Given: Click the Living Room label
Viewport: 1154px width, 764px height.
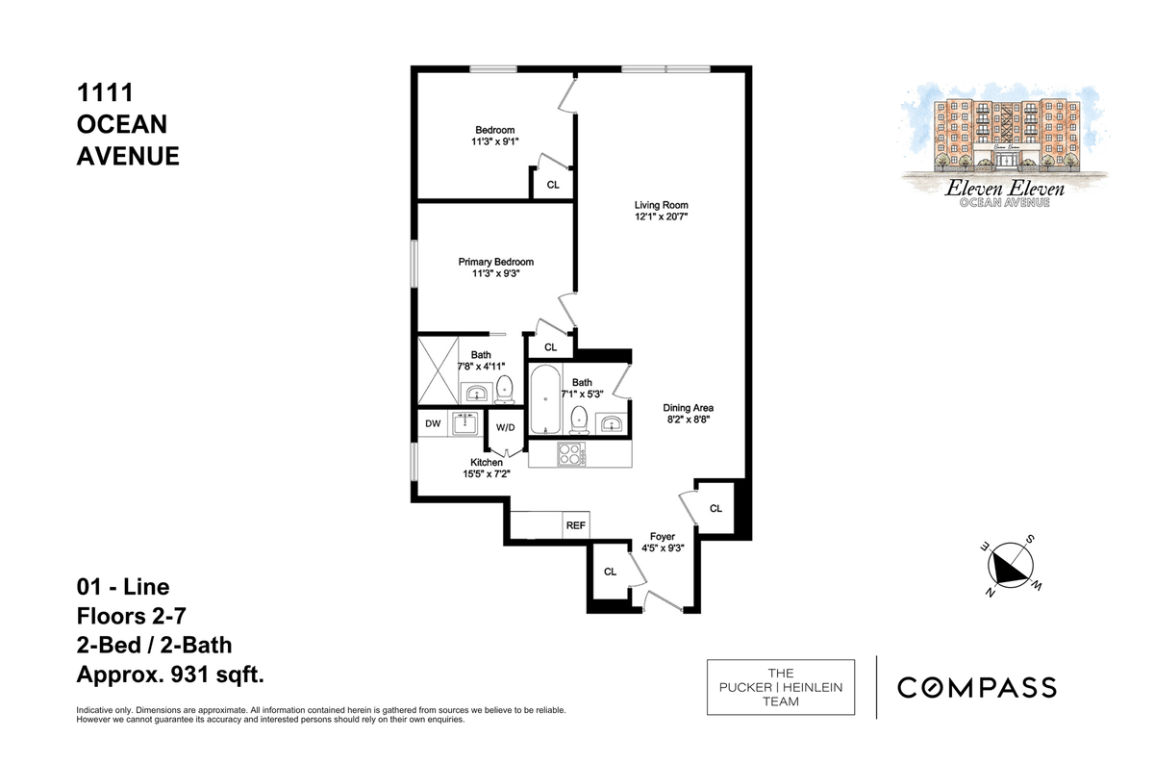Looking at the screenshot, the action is pyautogui.click(x=661, y=205).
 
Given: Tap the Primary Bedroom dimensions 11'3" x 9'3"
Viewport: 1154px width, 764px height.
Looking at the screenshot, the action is pyautogui.click(x=495, y=273).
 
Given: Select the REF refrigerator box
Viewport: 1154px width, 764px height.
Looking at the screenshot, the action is pyautogui.click(x=575, y=525).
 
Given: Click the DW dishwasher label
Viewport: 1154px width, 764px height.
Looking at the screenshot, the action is pyautogui.click(x=433, y=423).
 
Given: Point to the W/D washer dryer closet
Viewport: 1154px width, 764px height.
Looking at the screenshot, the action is pyautogui.click(x=506, y=428).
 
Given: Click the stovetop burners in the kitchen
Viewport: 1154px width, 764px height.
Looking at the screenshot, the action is pyautogui.click(x=571, y=455).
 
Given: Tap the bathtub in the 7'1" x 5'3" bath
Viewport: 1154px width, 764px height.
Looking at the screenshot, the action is pyautogui.click(x=545, y=399).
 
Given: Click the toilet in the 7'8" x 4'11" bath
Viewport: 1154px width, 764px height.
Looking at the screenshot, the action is pyautogui.click(x=504, y=390).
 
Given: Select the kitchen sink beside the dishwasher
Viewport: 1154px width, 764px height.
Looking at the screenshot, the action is pyautogui.click(x=465, y=423).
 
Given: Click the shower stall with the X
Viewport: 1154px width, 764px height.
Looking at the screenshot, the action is pyautogui.click(x=438, y=370).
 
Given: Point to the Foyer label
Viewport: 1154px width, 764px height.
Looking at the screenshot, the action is pyautogui.click(x=662, y=537).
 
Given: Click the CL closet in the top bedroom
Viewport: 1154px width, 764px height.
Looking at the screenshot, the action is pyautogui.click(x=553, y=184).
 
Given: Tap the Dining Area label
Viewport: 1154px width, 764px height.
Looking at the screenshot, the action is pyautogui.click(x=688, y=408).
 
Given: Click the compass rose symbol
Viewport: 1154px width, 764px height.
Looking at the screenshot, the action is pyautogui.click(x=1011, y=566).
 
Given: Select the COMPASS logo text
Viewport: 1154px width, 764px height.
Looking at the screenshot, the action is pyautogui.click(x=977, y=687).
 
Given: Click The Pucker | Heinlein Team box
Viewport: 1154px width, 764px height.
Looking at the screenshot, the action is pyautogui.click(x=781, y=687).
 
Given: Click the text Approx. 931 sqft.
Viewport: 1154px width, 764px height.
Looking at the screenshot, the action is pyautogui.click(x=170, y=674).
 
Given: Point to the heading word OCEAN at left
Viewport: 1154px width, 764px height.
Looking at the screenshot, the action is pyautogui.click(x=122, y=124).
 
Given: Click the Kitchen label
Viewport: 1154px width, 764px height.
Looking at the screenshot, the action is pyautogui.click(x=487, y=463).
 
